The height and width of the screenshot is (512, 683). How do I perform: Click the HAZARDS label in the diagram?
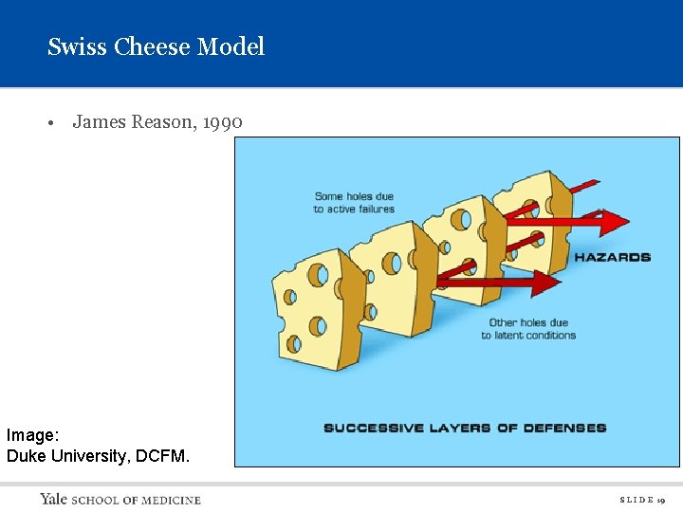coord(612,257)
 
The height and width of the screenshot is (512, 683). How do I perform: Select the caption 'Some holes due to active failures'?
coord(354,203)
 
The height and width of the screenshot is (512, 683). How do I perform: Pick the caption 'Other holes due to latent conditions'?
coord(528,329)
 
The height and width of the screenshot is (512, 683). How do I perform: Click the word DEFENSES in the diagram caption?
coord(566,428)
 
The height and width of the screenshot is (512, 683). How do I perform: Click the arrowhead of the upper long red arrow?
coord(617,222)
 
